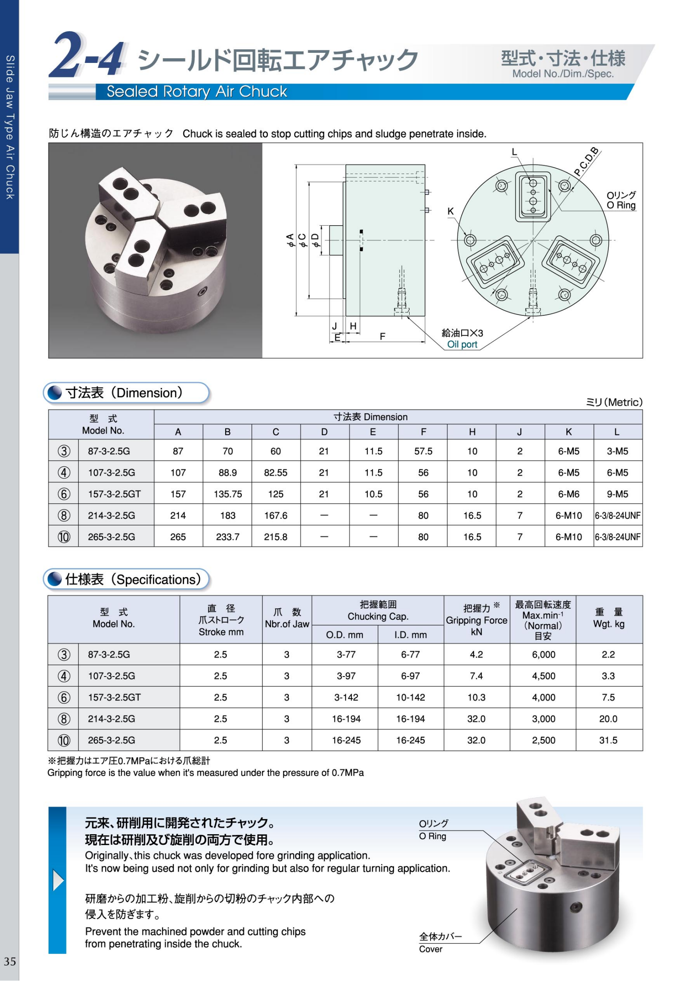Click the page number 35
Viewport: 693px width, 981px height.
point(10,961)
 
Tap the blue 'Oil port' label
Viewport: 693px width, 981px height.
point(462,344)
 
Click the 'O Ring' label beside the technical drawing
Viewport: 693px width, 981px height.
point(621,206)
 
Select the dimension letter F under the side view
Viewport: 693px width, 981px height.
point(383,337)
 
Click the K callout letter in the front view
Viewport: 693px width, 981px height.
point(451,211)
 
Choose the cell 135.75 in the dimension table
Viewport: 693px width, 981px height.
point(228,494)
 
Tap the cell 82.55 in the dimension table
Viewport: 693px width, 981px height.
point(275,473)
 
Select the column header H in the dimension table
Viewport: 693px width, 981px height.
point(472,432)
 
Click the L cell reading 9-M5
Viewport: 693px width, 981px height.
point(618,494)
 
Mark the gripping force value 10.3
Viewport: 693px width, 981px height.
point(476,698)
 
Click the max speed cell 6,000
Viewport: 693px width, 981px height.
point(543,655)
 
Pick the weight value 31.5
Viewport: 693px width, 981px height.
point(608,740)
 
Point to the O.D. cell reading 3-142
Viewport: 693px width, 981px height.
point(346,698)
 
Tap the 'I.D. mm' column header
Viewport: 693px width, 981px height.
point(410,635)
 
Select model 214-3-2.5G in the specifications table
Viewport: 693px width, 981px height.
point(112,719)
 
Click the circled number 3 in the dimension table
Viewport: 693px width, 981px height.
point(64,451)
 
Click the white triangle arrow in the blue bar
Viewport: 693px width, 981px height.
point(58,881)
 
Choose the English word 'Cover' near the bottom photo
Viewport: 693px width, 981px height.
point(431,949)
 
